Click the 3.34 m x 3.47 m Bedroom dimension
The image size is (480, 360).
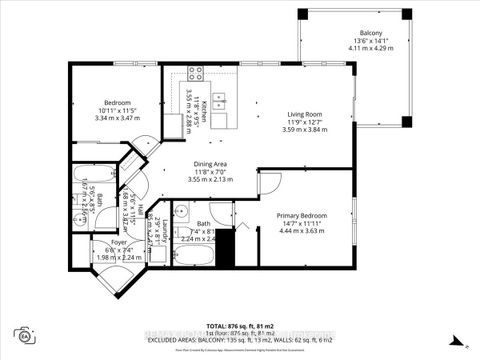point(119,118)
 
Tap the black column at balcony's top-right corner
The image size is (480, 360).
point(405,15)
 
